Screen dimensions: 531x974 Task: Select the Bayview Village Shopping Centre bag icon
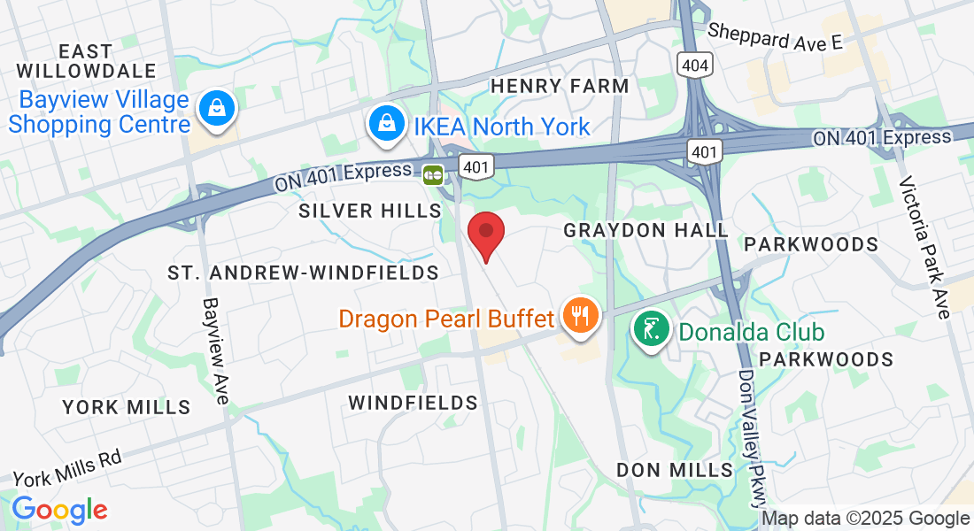(215, 109)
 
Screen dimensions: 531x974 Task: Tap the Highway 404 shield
(694, 64)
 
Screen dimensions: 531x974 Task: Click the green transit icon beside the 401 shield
(433, 174)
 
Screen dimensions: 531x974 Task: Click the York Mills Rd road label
(66, 467)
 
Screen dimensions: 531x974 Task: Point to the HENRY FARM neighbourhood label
(560, 86)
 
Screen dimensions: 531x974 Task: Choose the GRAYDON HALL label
(646, 230)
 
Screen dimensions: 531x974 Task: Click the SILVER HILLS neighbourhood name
(370, 211)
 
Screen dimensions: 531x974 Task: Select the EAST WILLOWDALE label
(87, 61)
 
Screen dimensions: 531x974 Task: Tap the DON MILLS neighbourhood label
(675, 470)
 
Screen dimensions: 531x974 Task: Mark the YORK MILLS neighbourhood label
(127, 407)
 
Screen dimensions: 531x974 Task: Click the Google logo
(59, 510)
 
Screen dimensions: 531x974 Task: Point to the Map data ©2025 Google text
(865, 519)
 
